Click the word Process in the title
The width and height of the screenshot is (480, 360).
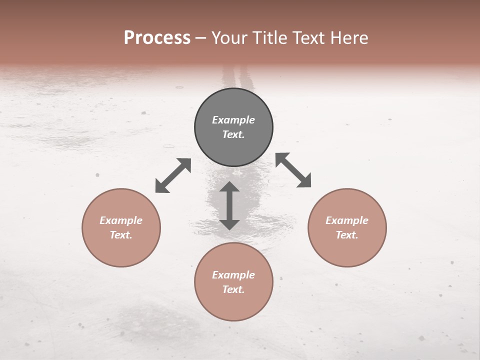coord(157,38)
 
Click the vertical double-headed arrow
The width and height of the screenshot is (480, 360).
coord(229,205)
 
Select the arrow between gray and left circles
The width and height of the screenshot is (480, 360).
coord(173,175)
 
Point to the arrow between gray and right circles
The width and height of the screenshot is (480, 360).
coord(293,170)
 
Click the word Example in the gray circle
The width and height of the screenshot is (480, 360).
coord(233,120)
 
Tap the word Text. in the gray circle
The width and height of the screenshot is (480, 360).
coord(233,134)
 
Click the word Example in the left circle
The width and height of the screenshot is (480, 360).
coord(121,220)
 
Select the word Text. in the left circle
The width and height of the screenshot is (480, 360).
coord(121,235)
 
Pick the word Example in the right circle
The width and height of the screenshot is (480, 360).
coord(347,220)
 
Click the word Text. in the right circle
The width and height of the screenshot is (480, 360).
coord(347,235)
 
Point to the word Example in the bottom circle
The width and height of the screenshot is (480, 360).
coord(233,275)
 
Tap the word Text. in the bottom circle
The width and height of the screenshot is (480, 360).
coord(233,289)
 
